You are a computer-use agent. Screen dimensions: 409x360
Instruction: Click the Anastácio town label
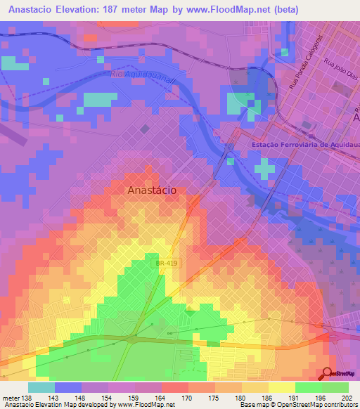[x=152, y=190]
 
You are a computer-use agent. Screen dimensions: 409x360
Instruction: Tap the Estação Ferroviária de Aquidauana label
[x=304, y=145]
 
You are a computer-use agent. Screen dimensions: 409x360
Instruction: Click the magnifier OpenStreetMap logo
[x=328, y=375]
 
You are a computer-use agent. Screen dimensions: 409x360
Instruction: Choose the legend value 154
[x=108, y=397]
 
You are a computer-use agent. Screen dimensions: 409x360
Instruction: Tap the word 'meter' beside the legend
[x=11, y=397]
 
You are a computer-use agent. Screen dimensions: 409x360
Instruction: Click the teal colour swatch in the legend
[x=41, y=387]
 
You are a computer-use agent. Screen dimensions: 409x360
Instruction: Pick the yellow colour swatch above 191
[x=282, y=387]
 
